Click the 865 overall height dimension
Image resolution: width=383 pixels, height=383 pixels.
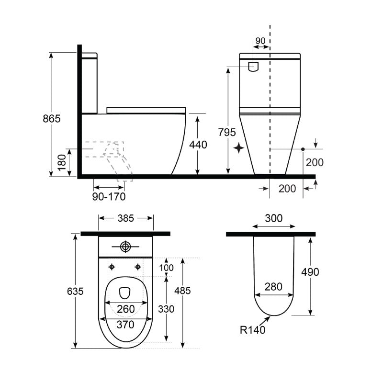[52, 119]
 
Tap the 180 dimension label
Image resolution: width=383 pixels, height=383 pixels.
[62, 163]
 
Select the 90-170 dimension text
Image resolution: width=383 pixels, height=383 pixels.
[109, 196]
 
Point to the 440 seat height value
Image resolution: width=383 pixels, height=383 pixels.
[198, 145]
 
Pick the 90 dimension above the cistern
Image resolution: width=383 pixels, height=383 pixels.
[260, 42]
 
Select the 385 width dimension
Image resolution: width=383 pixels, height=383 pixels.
[126, 218]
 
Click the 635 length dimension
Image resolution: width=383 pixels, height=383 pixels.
[75, 291]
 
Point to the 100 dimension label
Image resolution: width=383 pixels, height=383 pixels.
[166, 267]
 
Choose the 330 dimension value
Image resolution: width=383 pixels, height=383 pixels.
[166, 309]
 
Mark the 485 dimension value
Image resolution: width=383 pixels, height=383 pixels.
[182, 290]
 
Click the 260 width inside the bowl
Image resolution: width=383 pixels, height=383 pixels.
[126, 309]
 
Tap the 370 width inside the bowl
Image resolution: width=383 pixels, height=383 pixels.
[126, 325]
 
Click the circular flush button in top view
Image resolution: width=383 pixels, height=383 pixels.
[125, 247]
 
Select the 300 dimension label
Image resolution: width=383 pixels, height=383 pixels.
[273, 218]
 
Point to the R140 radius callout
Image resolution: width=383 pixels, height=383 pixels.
[253, 329]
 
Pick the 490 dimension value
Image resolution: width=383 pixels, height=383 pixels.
[311, 272]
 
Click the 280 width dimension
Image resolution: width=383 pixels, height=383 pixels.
[273, 287]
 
